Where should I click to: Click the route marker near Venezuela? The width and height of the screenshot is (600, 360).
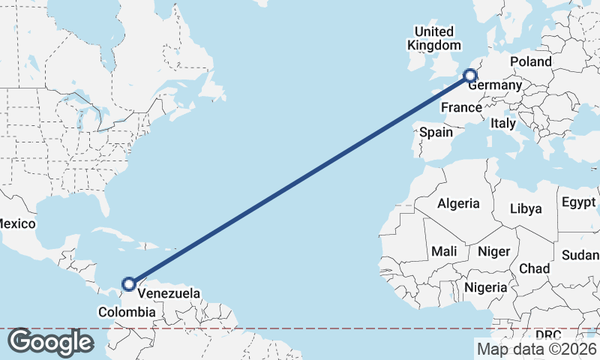point(129,284)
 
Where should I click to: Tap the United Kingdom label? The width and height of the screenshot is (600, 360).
point(434,38)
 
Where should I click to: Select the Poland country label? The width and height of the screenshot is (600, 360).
point(530,61)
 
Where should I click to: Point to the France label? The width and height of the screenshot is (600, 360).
point(460,108)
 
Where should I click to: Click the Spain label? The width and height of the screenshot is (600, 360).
point(436,132)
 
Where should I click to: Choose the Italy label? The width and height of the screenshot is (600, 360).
point(504,122)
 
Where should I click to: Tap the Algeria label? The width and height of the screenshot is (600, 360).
point(458,203)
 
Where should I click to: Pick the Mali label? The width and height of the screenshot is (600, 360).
point(444,251)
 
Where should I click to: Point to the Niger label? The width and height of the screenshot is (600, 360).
point(493,251)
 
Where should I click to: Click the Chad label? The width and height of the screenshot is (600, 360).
point(534,268)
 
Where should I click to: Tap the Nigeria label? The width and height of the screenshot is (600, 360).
point(486,286)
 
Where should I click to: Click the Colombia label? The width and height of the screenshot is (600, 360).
point(127,311)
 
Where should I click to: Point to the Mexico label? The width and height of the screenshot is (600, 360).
point(16,223)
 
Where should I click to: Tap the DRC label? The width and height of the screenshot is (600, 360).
point(548,334)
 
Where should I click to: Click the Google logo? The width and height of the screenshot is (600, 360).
point(49,342)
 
